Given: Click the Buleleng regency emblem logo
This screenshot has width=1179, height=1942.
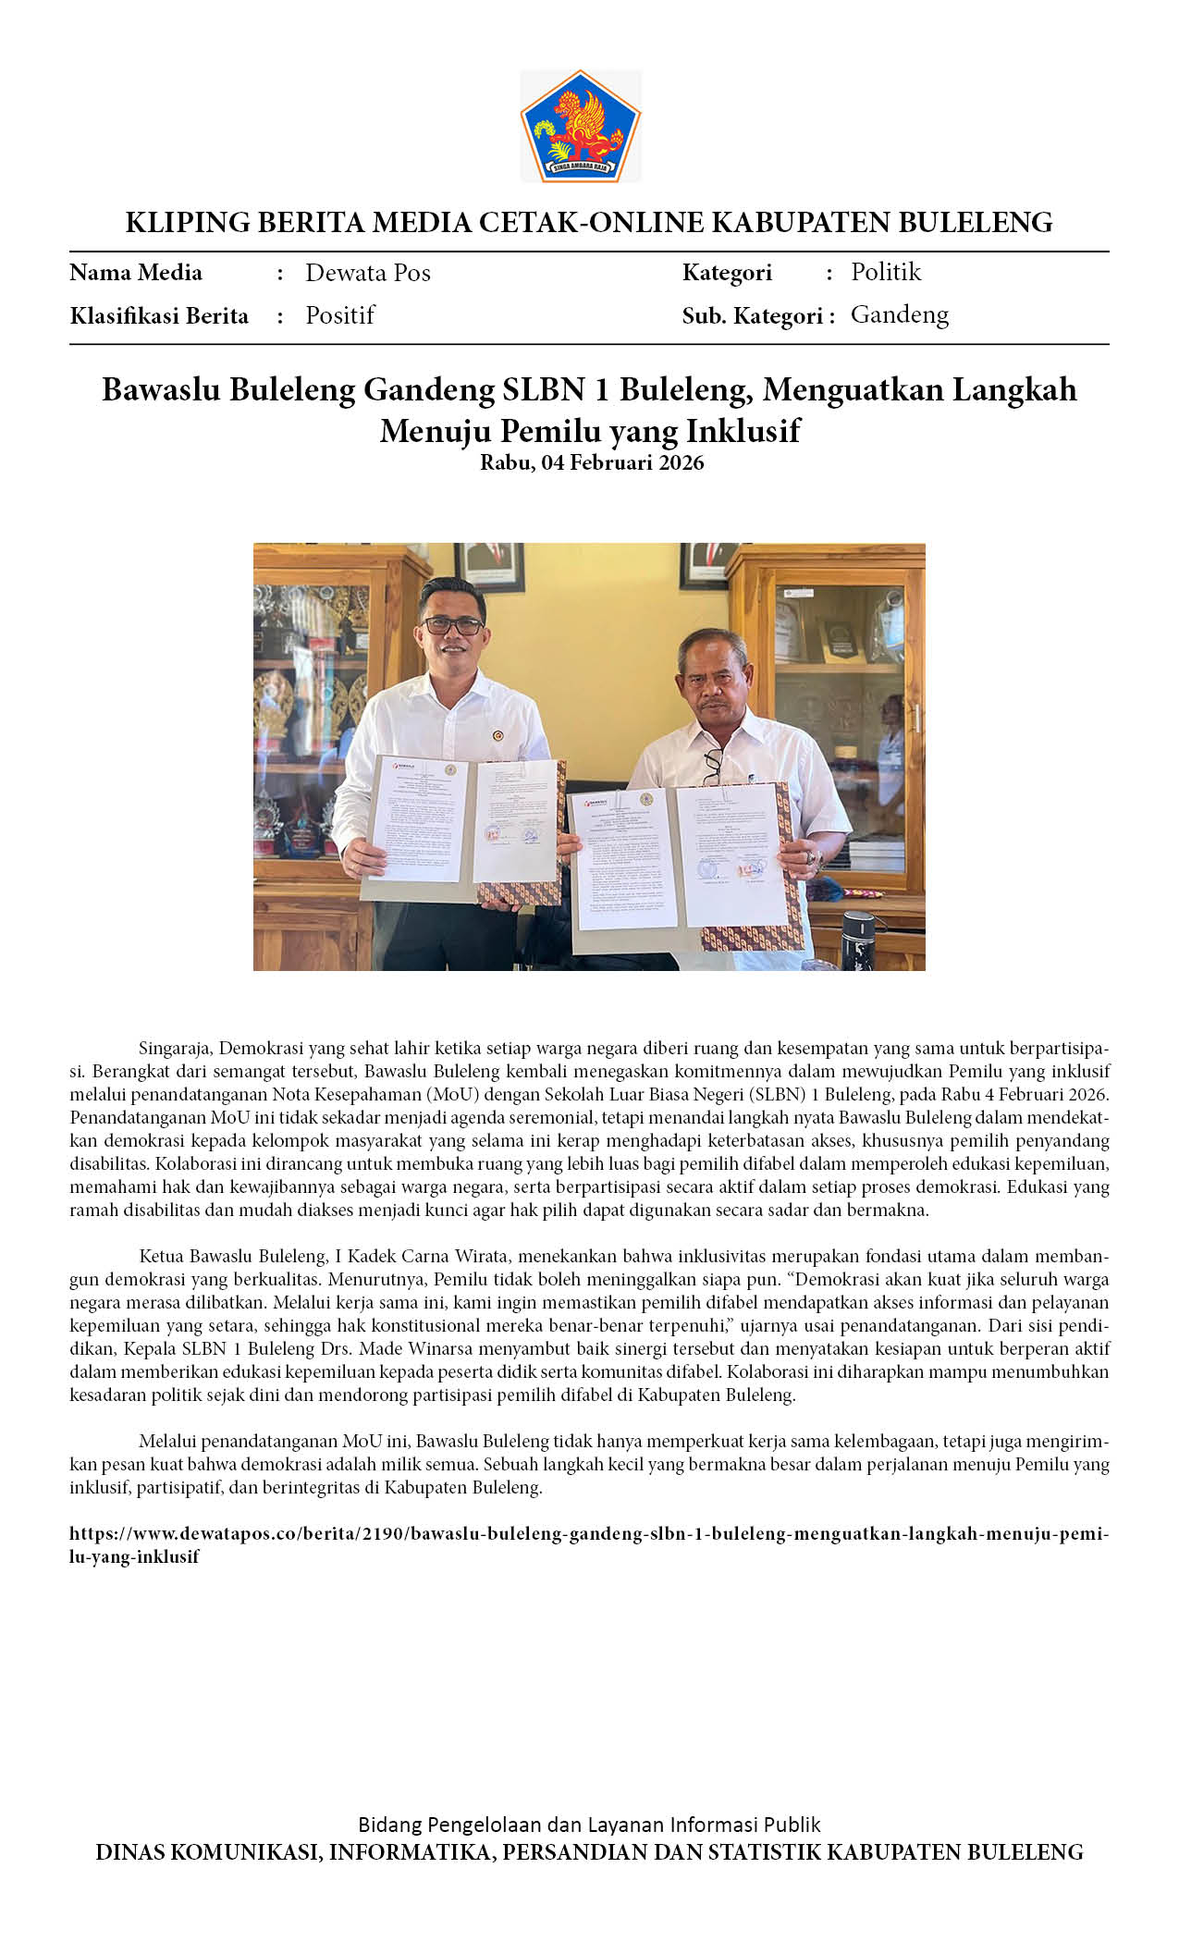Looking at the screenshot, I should [581, 126].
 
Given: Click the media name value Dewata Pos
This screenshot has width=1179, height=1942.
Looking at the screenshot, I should [367, 273].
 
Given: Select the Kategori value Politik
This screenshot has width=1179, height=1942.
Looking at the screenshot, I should [886, 272].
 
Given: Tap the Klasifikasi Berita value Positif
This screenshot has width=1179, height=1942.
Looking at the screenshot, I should [339, 315].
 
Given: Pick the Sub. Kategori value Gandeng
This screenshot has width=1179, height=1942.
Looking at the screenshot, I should [899, 315].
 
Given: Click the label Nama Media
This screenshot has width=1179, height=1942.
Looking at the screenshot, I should [136, 273].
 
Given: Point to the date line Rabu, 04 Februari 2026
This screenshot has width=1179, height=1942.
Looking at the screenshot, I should [592, 462].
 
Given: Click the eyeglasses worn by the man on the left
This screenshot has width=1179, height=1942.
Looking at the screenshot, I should [452, 625].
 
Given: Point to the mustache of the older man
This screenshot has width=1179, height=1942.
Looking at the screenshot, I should [714, 705].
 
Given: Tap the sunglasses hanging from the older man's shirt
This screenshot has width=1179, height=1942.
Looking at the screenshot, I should [712, 764].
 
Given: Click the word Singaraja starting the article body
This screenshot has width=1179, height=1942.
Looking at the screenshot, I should [176, 1049].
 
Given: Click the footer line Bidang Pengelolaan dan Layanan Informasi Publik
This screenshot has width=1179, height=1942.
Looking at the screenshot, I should [589, 1825].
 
